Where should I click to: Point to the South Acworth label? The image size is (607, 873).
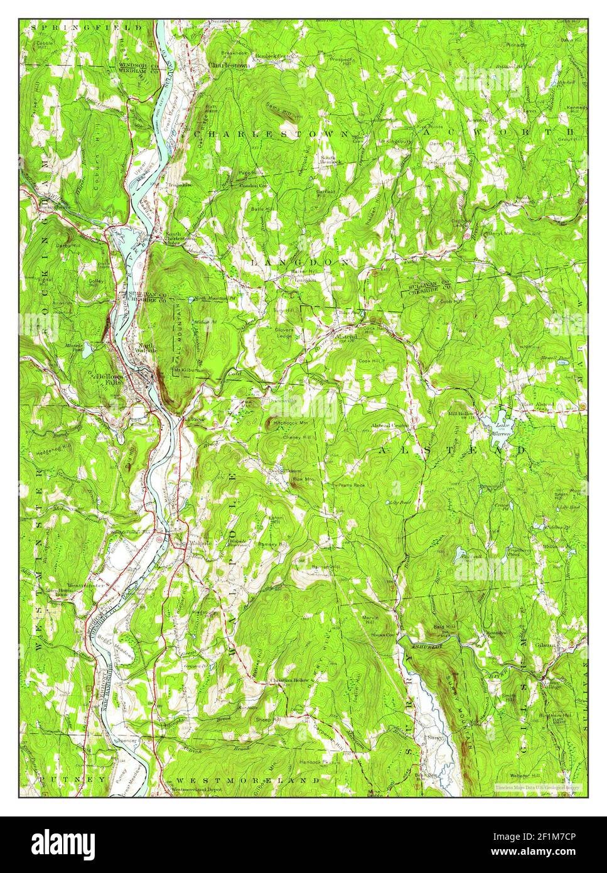[524, 200]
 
